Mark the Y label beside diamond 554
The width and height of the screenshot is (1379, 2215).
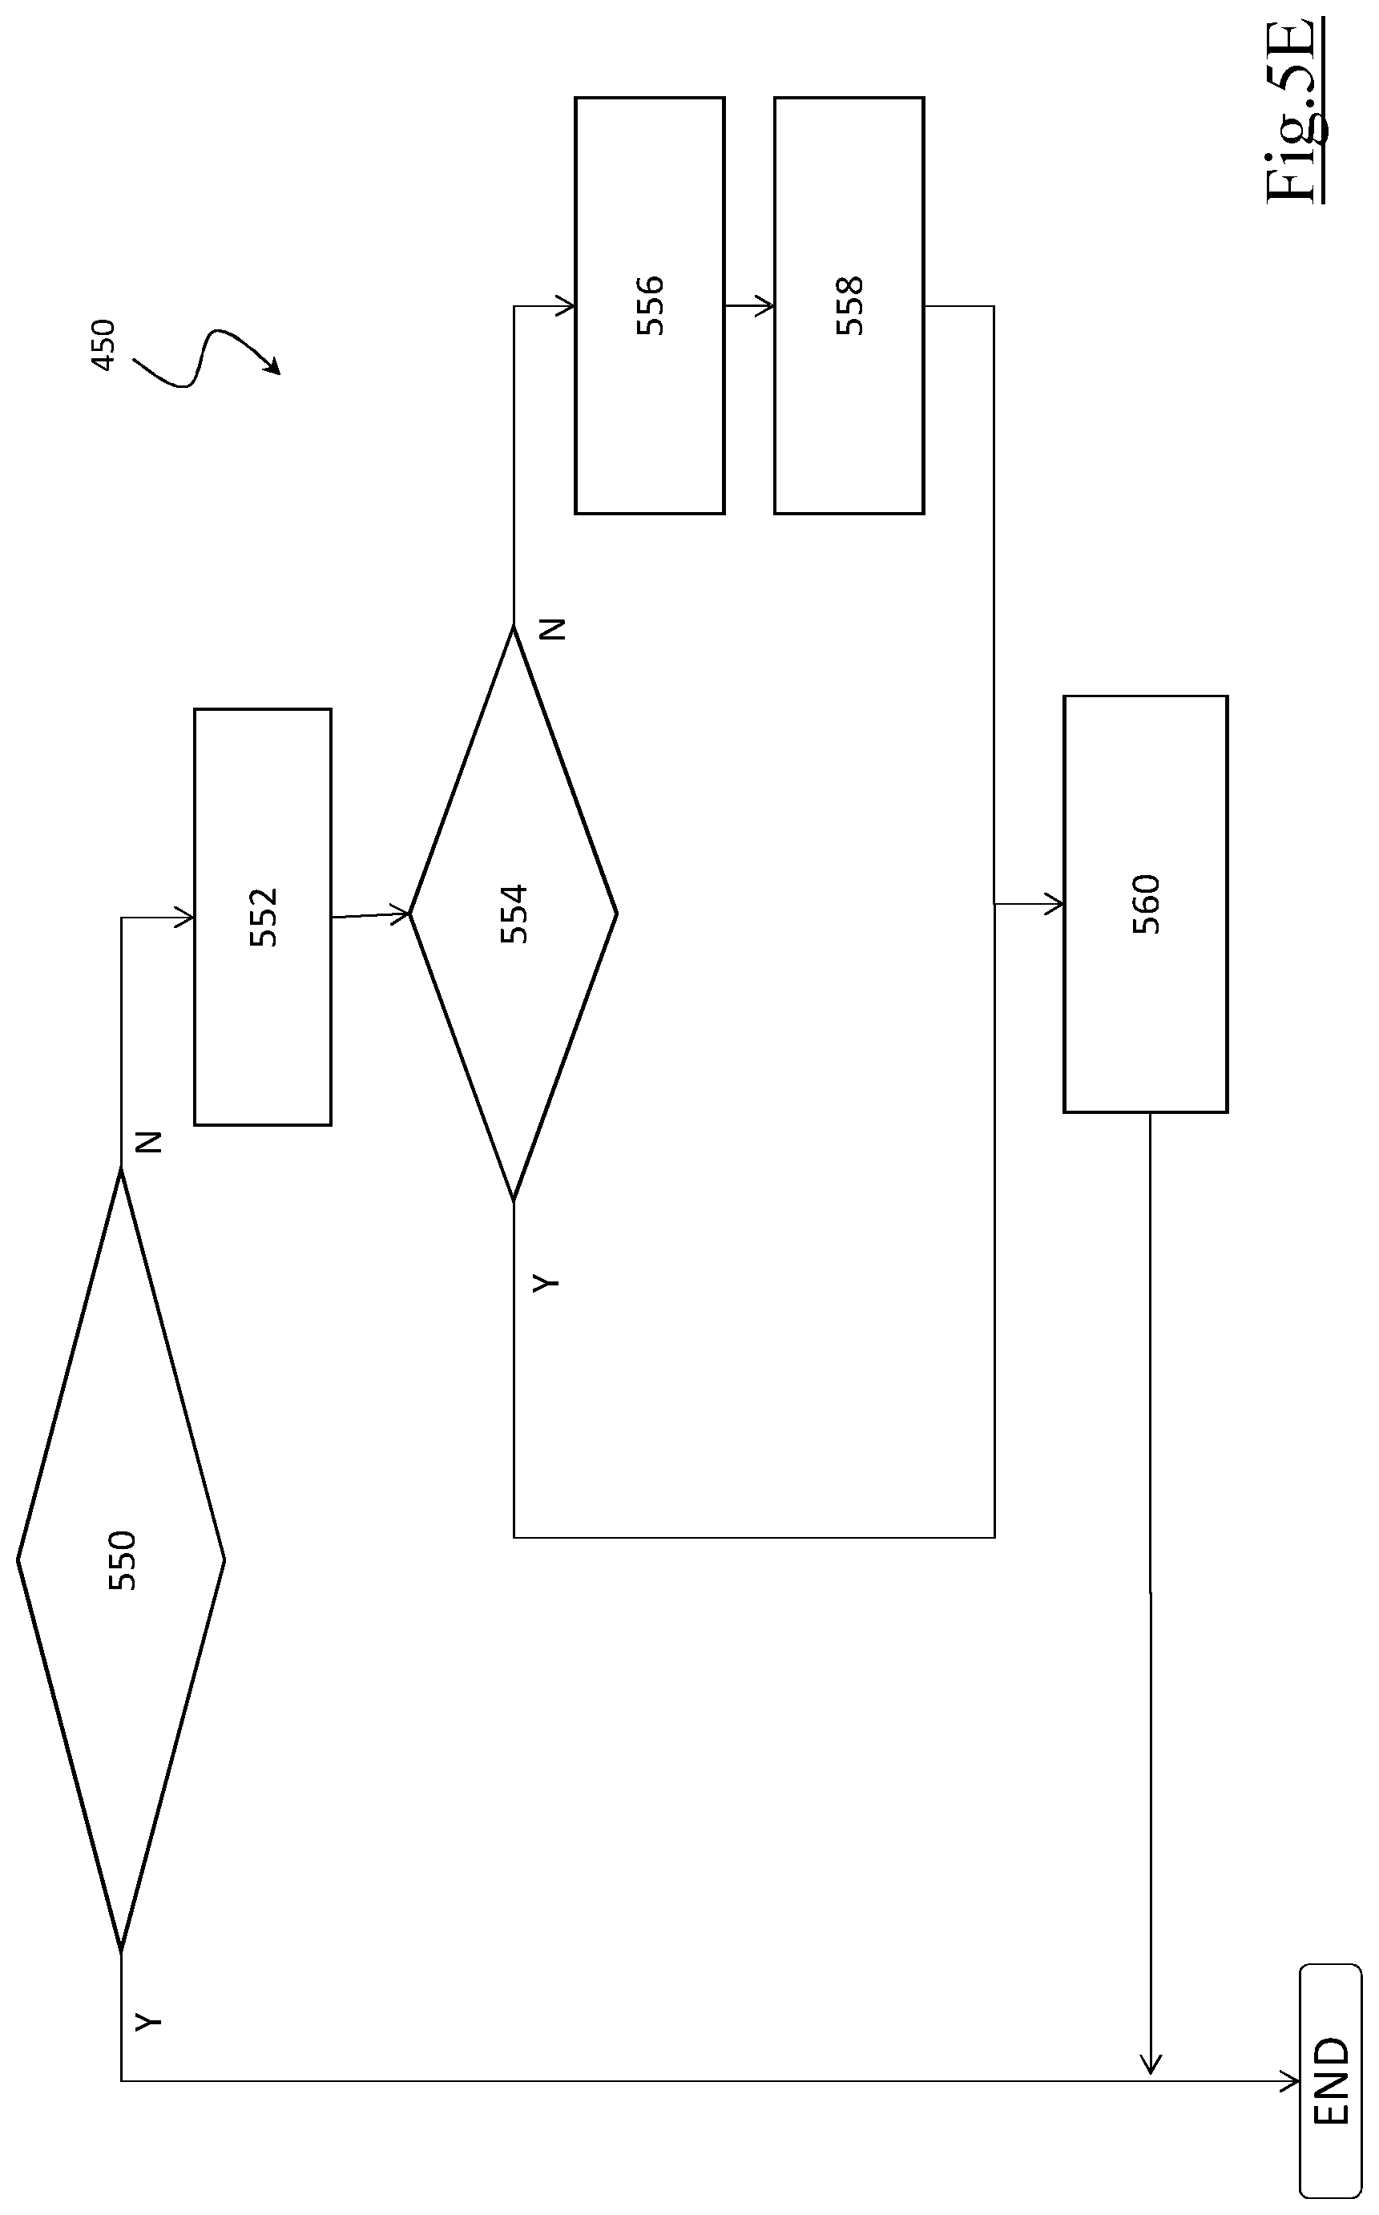coord(546,1282)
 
